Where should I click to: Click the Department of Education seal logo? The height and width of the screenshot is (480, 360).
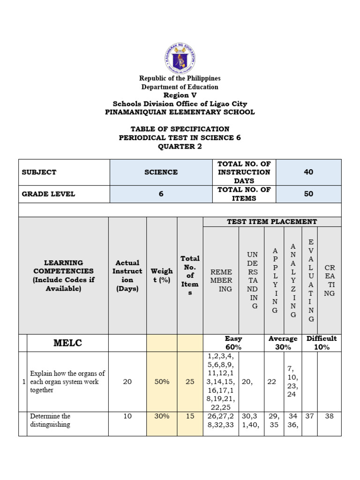click(x=180, y=58)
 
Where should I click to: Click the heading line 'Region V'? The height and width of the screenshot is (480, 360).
click(x=180, y=95)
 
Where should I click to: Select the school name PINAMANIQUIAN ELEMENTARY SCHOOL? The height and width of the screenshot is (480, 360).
click(x=180, y=112)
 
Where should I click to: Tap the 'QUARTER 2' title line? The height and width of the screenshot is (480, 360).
click(x=180, y=146)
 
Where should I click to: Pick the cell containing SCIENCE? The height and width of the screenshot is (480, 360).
click(x=161, y=172)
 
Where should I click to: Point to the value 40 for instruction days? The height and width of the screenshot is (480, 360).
click(x=308, y=172)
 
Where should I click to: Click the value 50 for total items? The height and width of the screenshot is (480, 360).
click(x=308, y=194)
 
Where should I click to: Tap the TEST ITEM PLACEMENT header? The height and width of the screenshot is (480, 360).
click(x=272, y=222)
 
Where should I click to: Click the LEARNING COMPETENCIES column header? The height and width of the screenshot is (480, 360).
click(x=63, y=276)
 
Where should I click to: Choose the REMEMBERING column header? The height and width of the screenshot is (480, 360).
click(x=221, y=280)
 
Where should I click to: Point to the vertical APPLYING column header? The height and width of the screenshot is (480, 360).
click(x=275, y=280)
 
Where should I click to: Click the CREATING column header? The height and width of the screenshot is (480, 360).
click(x=330, y=280)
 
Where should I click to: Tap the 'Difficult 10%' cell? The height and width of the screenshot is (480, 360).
click(x=322, y=343)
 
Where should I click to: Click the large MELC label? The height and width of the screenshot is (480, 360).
click(x=67, y=343)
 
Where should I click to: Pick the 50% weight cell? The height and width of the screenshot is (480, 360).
click(x=162, y=382)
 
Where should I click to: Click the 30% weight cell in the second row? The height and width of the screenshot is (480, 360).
click(x=162, y=416)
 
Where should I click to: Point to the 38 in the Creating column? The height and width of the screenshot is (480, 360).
click(x=329, y=416)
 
